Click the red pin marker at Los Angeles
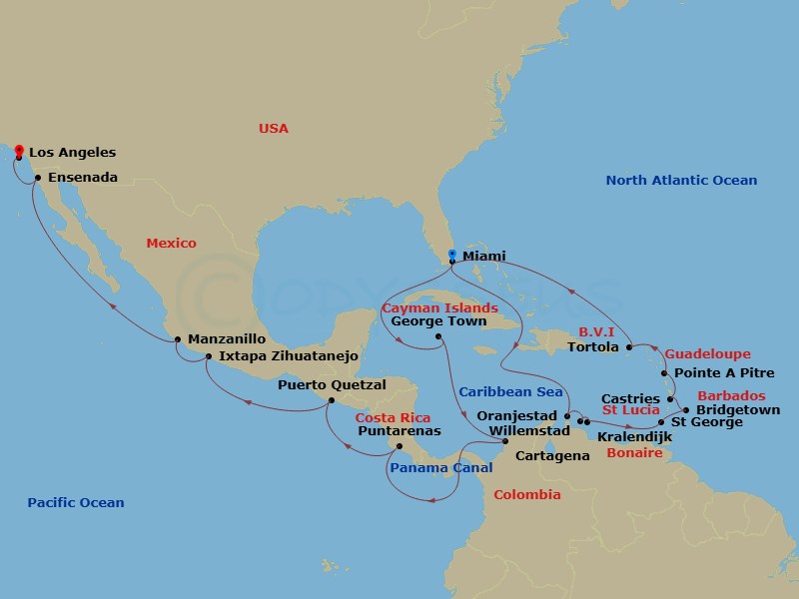pos(18,151)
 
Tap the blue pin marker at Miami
pos(452,256)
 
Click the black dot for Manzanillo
pos(177,339)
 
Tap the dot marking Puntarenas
pos(399,446)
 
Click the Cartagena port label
pos(552,456)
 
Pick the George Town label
pos(438,321)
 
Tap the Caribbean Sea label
pos(510,392)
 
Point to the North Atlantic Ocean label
pos(681,181)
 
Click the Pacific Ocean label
pos(76,502)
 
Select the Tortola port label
pos(593,347)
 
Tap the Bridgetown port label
pos(737,410)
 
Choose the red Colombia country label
pos(526,495)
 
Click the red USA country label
pos(273,129)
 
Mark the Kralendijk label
pos(634,437)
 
